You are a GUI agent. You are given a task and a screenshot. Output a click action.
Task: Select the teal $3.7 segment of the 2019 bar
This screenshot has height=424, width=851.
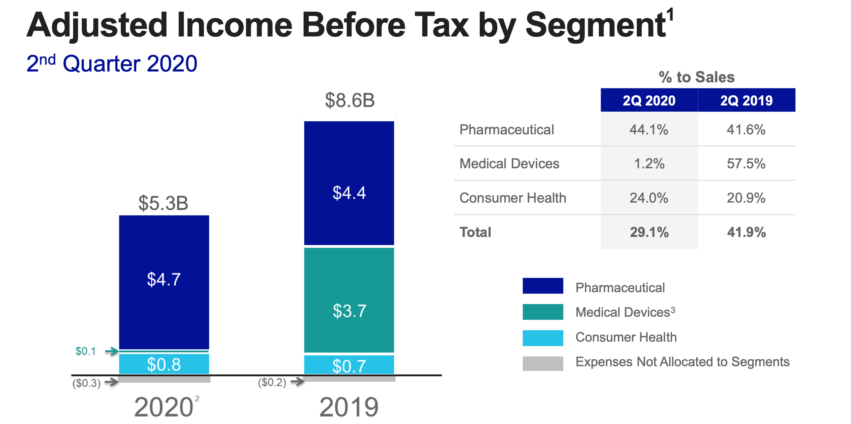pos(349,300)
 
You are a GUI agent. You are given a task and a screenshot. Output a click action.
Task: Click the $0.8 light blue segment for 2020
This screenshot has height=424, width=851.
pos(164,364)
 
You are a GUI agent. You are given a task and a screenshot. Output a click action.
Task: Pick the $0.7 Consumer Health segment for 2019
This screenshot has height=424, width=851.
pos(349,365)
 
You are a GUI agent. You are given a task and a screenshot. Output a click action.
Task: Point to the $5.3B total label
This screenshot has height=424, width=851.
pos(163,203)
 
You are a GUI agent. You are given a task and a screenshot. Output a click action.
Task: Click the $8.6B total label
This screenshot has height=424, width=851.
pos(350,100)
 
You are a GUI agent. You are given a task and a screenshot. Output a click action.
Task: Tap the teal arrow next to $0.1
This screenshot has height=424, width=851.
pos(112,351)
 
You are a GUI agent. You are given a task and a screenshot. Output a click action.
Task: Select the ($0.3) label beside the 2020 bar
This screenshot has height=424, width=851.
pos(86,383)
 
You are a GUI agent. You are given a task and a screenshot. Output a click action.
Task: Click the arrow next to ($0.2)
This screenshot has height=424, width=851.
pos(297,381)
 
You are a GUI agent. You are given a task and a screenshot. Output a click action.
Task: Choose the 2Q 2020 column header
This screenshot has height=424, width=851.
pos(649,100)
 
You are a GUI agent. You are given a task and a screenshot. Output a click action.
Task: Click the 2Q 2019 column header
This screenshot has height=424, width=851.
pos(746,100)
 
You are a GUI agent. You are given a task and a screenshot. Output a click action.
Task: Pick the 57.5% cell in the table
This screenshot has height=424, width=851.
pos(746,164)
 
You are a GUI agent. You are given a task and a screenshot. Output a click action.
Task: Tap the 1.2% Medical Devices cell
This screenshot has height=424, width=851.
pos(649,164)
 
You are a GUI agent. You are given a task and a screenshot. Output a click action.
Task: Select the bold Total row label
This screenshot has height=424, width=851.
pos(475,232)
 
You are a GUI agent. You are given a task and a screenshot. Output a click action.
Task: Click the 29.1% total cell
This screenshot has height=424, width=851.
pos(649,232)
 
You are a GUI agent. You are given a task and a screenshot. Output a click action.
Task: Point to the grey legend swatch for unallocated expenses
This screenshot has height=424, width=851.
pos(543,363)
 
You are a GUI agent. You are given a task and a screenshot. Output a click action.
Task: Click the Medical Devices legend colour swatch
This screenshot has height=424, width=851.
pos(543,312)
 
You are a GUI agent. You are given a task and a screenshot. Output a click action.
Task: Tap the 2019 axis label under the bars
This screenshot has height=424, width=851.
pos(349,407)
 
